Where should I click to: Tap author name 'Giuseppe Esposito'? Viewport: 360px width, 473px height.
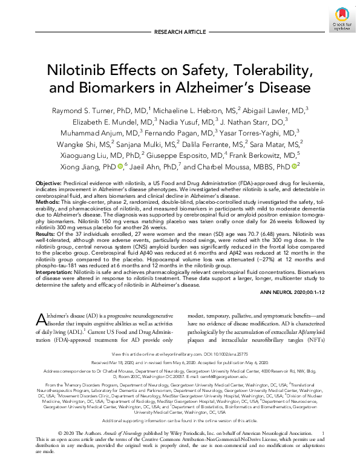point(197,154)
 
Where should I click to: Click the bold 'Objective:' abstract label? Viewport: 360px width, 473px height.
point(49,183)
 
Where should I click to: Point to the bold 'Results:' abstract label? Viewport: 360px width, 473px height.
point(47,233)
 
